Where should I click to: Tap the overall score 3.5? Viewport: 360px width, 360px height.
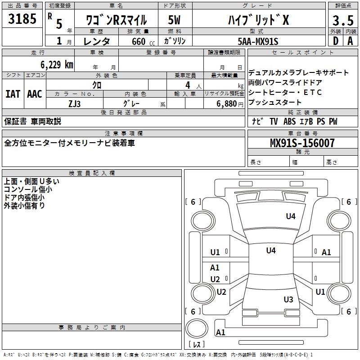point(342,21)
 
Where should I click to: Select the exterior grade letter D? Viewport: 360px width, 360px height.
point(335,40)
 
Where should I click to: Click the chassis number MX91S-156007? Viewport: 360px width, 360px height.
point(302,143)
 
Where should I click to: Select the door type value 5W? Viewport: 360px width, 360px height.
point(175,20)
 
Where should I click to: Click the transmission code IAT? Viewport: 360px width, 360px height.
point(13,94)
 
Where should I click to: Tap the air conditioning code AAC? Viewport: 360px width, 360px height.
point(35,94)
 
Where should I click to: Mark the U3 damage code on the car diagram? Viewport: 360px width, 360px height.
point(288,300)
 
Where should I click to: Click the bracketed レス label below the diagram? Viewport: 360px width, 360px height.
point(198,345)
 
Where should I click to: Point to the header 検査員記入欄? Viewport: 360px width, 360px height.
point(92,173)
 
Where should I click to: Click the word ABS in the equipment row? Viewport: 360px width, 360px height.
point(289,121)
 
